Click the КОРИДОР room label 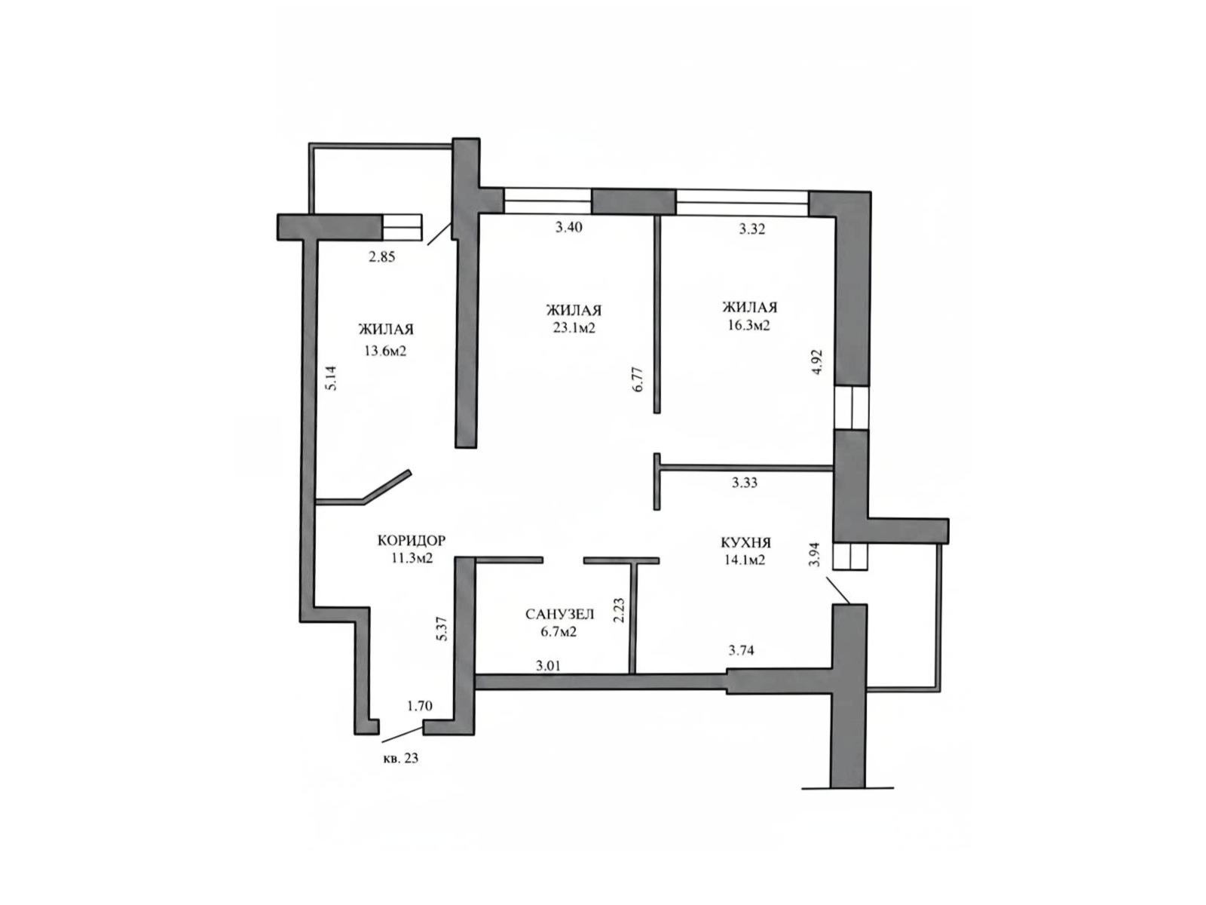411,540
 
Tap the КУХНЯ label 745,543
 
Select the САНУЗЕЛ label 559,614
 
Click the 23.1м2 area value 574,328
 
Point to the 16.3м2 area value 748,325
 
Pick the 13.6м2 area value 384,351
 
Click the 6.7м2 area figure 559,632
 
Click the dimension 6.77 638,379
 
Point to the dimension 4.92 818,361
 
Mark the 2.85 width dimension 382,257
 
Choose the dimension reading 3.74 741,651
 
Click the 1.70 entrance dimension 419,706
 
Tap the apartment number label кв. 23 400,758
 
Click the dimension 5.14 331,378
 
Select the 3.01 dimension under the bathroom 548,666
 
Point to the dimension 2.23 619,610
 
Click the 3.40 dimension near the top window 568,227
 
